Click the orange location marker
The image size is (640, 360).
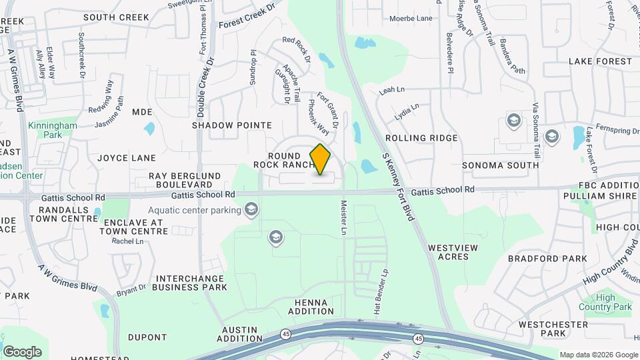click(321, 159)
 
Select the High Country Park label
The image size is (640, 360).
click(613, 303)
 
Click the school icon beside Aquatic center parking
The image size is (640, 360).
click(251, 211)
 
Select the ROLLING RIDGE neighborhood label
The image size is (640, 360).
click(431, 138)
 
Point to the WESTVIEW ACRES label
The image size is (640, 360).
click(453, 252)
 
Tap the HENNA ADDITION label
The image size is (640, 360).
click(311, 307)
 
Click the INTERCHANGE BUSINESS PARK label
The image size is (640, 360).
click(189, 283)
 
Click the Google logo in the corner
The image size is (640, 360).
click(22, 352)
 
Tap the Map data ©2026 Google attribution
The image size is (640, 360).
click(598, 355)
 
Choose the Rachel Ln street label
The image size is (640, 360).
click(123, 241)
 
